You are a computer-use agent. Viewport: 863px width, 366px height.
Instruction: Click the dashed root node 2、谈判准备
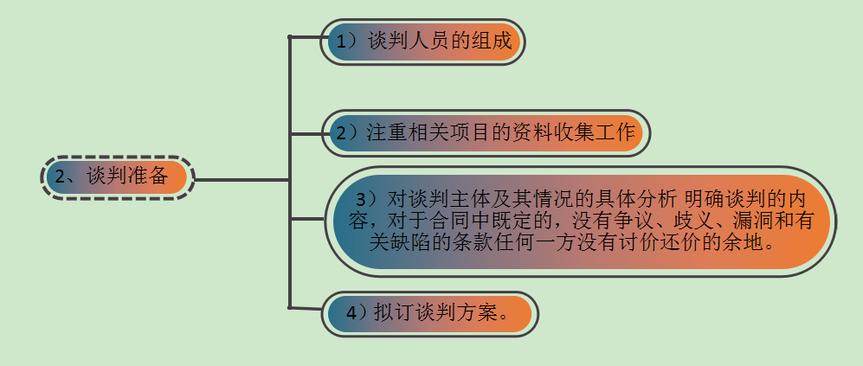click(x=117, y=178)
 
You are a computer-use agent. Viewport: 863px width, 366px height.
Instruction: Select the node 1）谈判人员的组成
click(x=422, y=41)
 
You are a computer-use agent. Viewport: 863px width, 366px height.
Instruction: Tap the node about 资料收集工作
click(x=485, y=133)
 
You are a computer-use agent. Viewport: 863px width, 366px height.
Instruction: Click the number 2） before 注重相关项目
click(x=348, y=133)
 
